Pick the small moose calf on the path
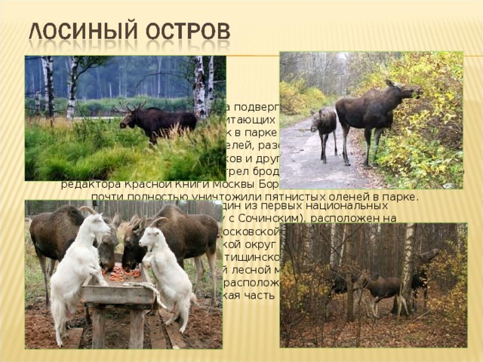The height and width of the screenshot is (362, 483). (325, 128)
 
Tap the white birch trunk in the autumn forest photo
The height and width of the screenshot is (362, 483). (408, 256)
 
